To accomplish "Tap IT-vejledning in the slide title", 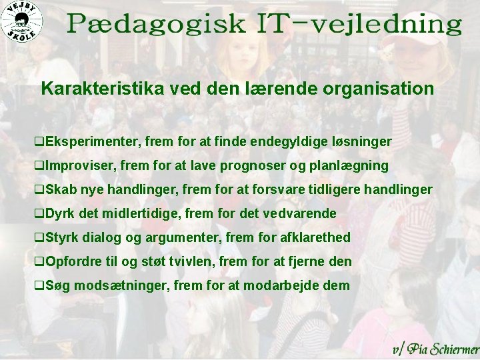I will (359, 25).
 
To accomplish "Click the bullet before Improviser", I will (39, 166).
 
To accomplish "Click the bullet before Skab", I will (39, 190).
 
